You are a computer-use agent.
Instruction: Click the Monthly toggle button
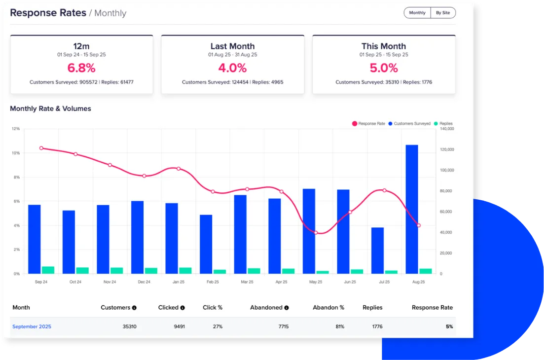point(417,13)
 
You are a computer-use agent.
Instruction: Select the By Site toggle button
point(442,13)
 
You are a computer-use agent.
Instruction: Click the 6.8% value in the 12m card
point(81,68)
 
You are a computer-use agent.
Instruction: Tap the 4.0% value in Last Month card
point(232,68)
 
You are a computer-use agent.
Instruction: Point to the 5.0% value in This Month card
point(384,68)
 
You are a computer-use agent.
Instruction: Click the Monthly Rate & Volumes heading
point(50,108)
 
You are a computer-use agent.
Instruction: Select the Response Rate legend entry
point(368,124)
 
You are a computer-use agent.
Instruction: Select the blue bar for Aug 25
point(412,210)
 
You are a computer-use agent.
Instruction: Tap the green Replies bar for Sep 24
point(48,270)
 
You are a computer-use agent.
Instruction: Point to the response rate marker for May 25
point(316,232)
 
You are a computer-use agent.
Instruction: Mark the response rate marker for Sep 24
point(41,148)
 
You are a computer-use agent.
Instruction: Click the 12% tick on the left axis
point(16,129)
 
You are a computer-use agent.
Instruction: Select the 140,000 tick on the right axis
point(446,129)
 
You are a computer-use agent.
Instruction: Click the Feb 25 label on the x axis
point(213,282)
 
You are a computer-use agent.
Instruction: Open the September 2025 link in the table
point(32,326)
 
